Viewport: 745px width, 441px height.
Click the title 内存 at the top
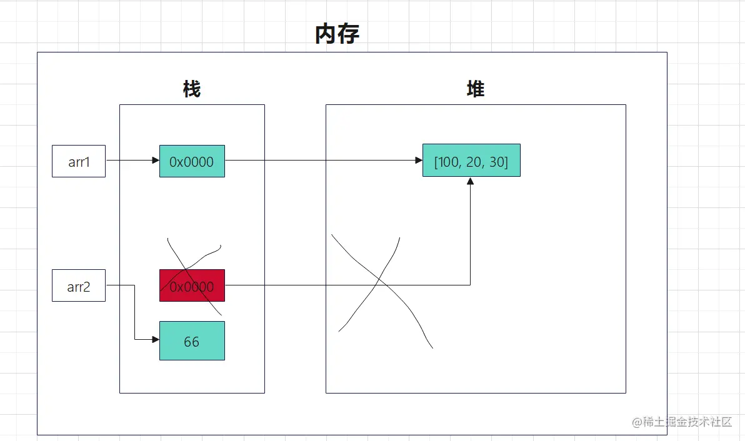click(x=337, y=35)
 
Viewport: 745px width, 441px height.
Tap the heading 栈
click(x=192, y=89)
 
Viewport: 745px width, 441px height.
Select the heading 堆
click(x=476, y=89)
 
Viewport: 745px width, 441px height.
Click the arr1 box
click(x=79, y=161)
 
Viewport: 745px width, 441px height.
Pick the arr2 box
click(x=79, y=286)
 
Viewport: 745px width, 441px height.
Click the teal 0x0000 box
click(x=192, y=161)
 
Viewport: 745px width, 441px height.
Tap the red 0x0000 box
click(x=192, y=286)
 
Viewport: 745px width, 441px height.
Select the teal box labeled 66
click(x=192, y=340)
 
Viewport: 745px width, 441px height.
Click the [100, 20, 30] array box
click(x=471, y=161)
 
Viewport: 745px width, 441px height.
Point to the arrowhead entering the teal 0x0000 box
click(x=156, y=161)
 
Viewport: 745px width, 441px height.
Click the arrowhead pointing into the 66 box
click(x=156, y=340)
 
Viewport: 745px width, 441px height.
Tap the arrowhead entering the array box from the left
click(x=419, y=161)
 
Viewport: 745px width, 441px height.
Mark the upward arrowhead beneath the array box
click(x=470, y=181)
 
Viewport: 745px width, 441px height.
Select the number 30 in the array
click(x=497, y=161)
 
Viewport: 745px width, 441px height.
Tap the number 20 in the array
click(x=474, y=161)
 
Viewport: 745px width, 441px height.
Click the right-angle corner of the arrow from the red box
click(x=470, y=285)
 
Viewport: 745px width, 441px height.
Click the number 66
click(x=192, y=341)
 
